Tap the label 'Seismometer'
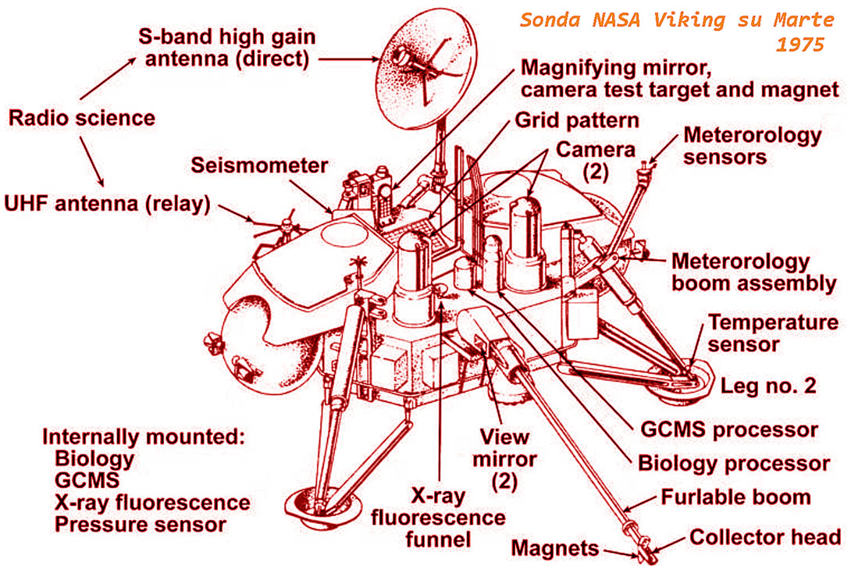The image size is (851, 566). [260, 166]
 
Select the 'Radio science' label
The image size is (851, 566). [82, 118]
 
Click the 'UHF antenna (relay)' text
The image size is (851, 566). [108, 205]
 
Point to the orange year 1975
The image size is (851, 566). [799, 44]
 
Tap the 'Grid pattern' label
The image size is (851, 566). [577, 121]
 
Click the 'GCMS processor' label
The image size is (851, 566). [728, 429]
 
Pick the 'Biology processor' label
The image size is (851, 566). [734, 463]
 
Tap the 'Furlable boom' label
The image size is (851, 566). [736, 497]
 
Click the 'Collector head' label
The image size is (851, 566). [765, 538]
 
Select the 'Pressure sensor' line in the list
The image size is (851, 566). [141, 524]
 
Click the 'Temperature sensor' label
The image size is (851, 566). [773, 332]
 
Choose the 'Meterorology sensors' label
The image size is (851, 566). [752, 145]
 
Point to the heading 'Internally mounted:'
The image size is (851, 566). [144, 437]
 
